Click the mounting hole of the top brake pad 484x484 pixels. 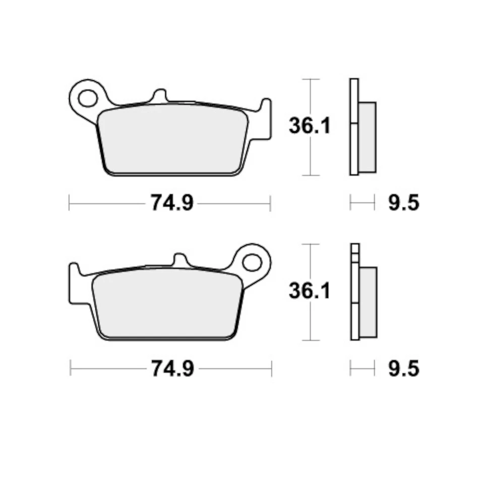[x=88, y=98]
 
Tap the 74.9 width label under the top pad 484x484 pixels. [x=171, y=204]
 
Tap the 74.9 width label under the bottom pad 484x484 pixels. [x=171, y=369]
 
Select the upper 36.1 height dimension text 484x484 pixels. [x=309, y=126]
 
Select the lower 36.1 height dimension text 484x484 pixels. [x=309, y=291]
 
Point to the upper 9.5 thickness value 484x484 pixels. [x=404, y=204]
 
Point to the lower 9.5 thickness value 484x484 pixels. [x=404, y=369]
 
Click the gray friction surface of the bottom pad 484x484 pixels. [x=167, y=305]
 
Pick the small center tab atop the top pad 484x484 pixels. [x=159, y=96]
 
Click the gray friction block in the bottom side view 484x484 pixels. [x=368, y=302]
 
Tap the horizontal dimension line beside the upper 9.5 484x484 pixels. [x=362, y=204]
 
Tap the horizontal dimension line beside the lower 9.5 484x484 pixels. [x=362, y=369]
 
